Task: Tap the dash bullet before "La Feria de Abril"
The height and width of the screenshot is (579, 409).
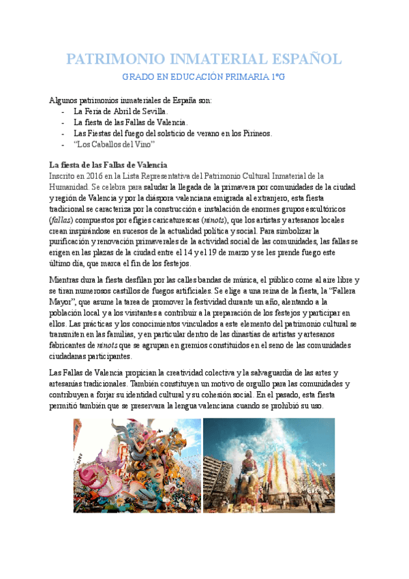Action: pyautogui.click(x=63, y=111)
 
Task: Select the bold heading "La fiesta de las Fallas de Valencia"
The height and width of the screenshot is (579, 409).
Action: pyautogui.click(x=108, y=165)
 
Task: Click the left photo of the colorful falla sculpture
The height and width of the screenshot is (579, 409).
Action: pyautogui.click(x=137, y=465)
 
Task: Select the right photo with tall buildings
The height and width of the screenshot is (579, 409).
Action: pyautogui.click(x=269, y=465)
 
